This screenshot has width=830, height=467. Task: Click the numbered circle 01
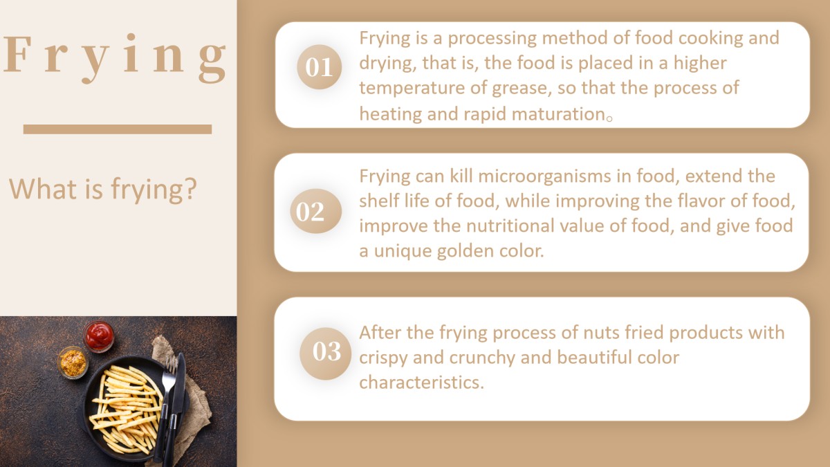coord(320,67)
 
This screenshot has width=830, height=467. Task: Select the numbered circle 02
coord(315,211)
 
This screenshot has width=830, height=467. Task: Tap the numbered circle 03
coord(325,354)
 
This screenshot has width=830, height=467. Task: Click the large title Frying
coord(115,58)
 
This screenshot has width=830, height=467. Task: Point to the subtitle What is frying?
coord(102,189)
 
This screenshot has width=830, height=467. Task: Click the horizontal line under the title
coord(118,129)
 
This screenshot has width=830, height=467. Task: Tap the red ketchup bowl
coord(98,336)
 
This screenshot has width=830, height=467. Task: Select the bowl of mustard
coord(73,363)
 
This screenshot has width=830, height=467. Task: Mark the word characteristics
coord(422,383)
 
